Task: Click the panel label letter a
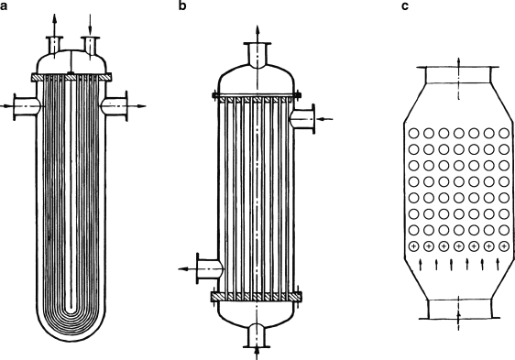(4, 6)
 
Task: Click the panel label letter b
(182, 5)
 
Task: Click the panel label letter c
(405, 6)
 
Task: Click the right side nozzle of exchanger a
(115, 106)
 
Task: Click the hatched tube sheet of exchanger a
(71, 77)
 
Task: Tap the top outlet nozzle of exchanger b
(257, 55)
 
